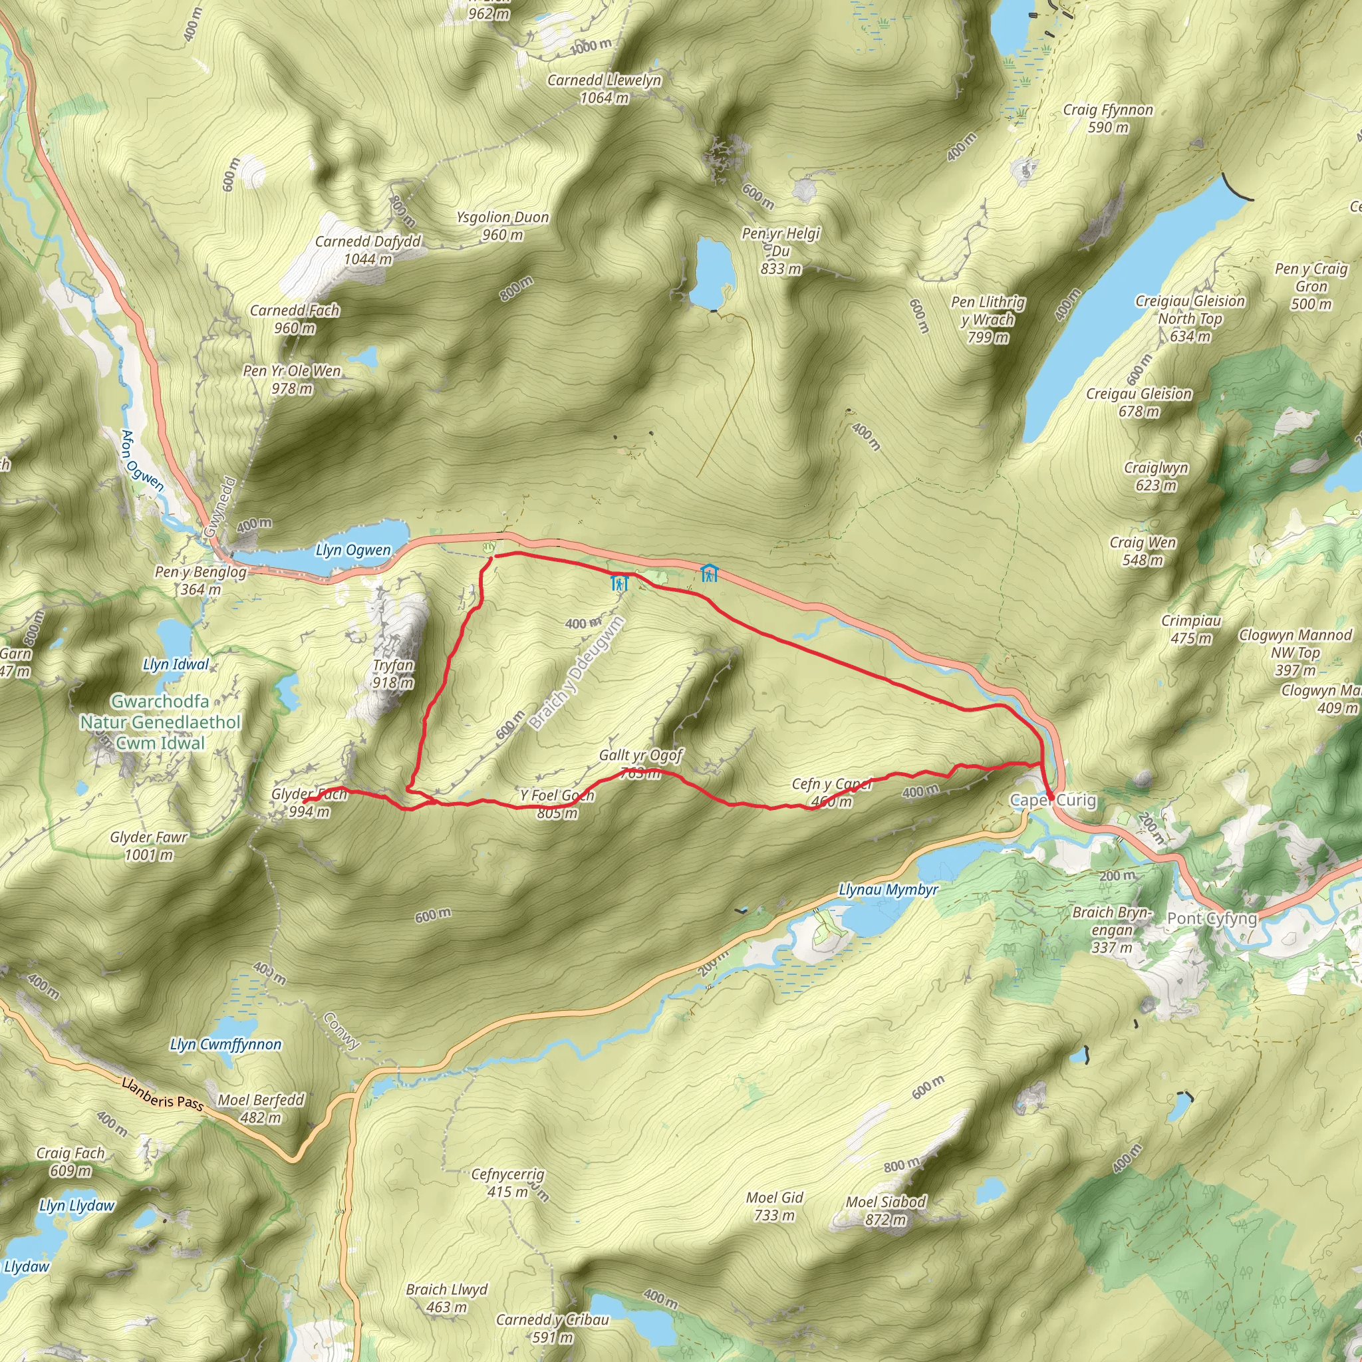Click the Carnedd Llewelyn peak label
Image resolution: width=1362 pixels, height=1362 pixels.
pos(604,89)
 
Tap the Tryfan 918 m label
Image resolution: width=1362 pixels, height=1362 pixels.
pos(392,673)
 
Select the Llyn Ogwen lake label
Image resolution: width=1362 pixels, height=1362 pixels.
pos(352,550)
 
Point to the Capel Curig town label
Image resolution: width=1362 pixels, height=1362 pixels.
pos(1053,800)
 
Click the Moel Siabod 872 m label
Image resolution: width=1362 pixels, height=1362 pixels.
pos(885,1210)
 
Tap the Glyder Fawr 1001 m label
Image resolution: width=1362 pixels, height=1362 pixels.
pos(149,846)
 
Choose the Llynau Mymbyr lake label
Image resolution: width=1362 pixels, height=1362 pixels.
pos(888,890)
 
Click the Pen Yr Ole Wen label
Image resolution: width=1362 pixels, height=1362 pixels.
pos(292,379)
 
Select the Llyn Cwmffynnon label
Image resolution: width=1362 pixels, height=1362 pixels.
pos(225,1045)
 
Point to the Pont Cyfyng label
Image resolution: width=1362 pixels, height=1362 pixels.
pos(1212,918)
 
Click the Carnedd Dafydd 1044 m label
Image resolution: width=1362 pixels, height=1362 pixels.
pos(367,249)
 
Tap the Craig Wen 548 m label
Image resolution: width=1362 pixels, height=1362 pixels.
pos(1143,551)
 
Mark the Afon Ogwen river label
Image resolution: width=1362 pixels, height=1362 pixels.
pos(142,460)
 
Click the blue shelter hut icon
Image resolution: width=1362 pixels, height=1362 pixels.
pos(708,573)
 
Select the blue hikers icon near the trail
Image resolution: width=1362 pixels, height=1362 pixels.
pos(619,583)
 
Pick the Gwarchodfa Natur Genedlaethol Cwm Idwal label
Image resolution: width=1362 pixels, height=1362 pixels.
pos(160,722)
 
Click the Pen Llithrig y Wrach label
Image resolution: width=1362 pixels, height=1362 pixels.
pos(988,319)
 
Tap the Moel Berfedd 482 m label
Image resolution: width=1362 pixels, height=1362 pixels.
pos(261,1108)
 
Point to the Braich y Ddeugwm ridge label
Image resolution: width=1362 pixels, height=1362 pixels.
pos(577,672)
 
